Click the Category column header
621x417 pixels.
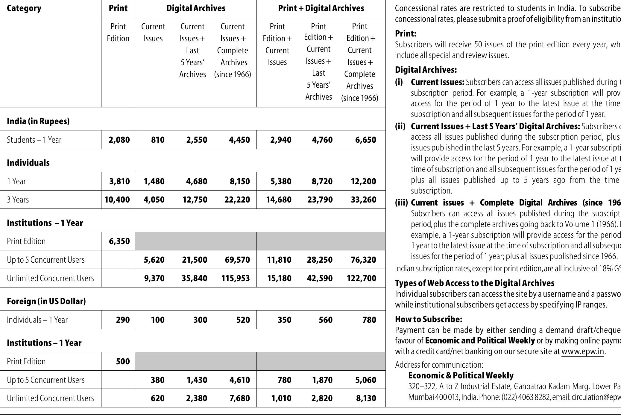[x=24, y=8]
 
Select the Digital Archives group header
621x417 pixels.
[x=196, y=8]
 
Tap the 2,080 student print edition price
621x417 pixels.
[x=119, y=140]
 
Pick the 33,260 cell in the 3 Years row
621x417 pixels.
[x=363, y=200]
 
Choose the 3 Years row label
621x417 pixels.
[x=18, y=200]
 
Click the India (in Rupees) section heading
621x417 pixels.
[x=38, y=121]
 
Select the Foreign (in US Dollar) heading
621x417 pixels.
[x=46, y=301]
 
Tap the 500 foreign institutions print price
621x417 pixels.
[x=123, y=361]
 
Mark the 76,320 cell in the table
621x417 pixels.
[x=363, y=260]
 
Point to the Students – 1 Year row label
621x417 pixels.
[x=34, y=140]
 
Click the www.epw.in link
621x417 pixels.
[x=583, y=351]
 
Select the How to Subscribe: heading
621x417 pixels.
[x=429, y=319]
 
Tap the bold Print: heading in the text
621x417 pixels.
[x=406, y=34]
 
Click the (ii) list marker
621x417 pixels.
[x=400, y=126]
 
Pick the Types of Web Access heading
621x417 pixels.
[x=475, y=283]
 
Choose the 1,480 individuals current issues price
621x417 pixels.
[x=154, y=181]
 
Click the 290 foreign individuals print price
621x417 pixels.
[x=123, y=320]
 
